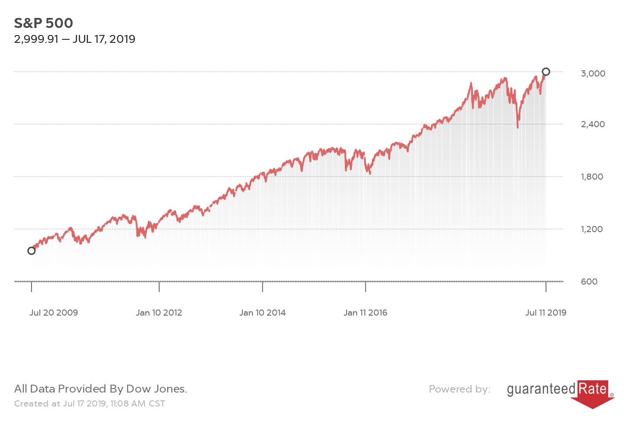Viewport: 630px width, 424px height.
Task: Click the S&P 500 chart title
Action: [43, 23]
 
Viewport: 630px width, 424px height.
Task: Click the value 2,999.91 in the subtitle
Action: [36, 39]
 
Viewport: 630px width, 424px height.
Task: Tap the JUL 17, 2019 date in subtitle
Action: [104, 39]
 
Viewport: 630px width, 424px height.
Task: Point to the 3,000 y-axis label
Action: [593, 73]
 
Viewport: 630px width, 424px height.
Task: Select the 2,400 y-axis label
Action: [593, 124]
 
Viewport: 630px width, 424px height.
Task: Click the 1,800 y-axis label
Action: [592, 177]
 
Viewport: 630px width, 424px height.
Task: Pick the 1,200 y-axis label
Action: [592, 229]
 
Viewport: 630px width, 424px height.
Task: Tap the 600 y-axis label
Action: [589, 282]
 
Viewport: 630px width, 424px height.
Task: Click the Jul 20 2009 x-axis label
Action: [54, 313]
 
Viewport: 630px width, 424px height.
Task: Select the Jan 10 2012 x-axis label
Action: [159, 313]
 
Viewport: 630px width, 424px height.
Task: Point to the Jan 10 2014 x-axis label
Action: [262, 313]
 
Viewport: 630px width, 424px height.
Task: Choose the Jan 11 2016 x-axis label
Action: [365, 313]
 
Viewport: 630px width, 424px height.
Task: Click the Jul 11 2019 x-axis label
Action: [546, 313]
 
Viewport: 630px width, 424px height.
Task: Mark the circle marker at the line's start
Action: [31, 250]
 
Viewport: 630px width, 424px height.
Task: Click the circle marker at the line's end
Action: [546, 72]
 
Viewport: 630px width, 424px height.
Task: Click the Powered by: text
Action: [459, 389]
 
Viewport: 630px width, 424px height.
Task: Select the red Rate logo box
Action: [593, 389]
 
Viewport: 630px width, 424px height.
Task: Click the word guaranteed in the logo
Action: [541, 389]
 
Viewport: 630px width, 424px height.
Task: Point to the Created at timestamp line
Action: [90, 403]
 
